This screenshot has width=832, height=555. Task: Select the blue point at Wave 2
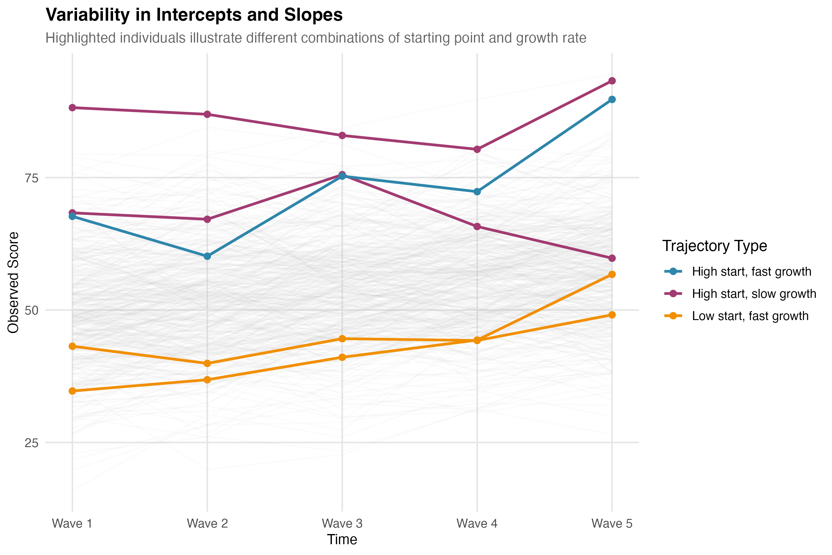tap(207, 256)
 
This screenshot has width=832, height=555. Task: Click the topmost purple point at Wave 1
tap(72, 108)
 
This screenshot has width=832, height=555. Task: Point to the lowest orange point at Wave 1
tap(72, 391)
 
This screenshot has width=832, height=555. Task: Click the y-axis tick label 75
tap(31, 178)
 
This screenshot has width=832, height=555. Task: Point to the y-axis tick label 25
tap(31, 443)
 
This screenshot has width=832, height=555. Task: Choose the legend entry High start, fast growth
tap(751, 271)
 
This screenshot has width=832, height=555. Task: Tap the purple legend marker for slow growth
tap(673, 294)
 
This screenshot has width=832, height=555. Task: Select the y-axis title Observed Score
tap(14, 282)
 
